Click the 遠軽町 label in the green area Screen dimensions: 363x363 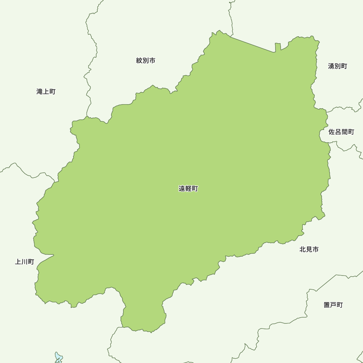(188, 189)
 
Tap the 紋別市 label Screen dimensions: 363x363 (146, 61)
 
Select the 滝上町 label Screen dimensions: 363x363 (46, 91)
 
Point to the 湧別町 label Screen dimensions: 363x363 (338, 66)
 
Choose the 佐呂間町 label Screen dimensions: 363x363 (341, 132)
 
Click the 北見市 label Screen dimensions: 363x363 (309, 249)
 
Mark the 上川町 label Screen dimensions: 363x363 (24, 262)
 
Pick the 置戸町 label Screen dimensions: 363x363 (333, 305)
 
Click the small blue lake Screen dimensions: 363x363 (58, 357)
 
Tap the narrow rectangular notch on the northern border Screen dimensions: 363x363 (278, 48)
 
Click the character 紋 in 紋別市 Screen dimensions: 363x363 (139, 61)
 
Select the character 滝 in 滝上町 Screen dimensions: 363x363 (40, 91)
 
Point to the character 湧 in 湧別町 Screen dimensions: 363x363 (331, 66)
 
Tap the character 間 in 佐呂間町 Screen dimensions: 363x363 (344, 132)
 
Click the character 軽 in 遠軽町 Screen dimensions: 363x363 (188, 189)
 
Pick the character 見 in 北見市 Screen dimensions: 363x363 (309, 249)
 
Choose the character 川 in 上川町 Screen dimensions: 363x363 (24, 262)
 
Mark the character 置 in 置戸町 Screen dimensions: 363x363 (327, 305)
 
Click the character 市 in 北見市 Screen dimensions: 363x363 (315, 249)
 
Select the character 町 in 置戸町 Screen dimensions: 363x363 (340, 305)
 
